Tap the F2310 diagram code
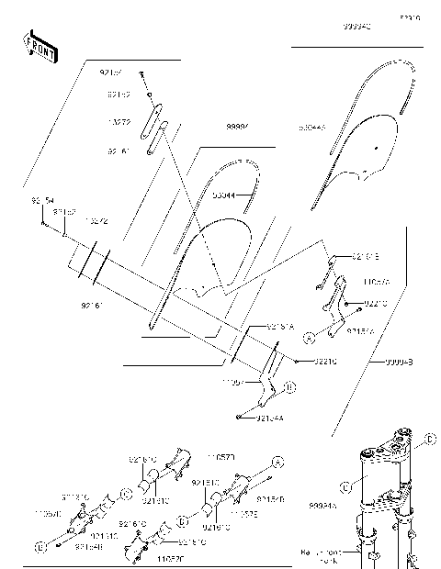[409, 17]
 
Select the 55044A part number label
[311, 129]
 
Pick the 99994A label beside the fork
[322, 505]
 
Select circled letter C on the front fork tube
[344, 486]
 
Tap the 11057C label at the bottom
[169, 557]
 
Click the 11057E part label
[243, 515]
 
